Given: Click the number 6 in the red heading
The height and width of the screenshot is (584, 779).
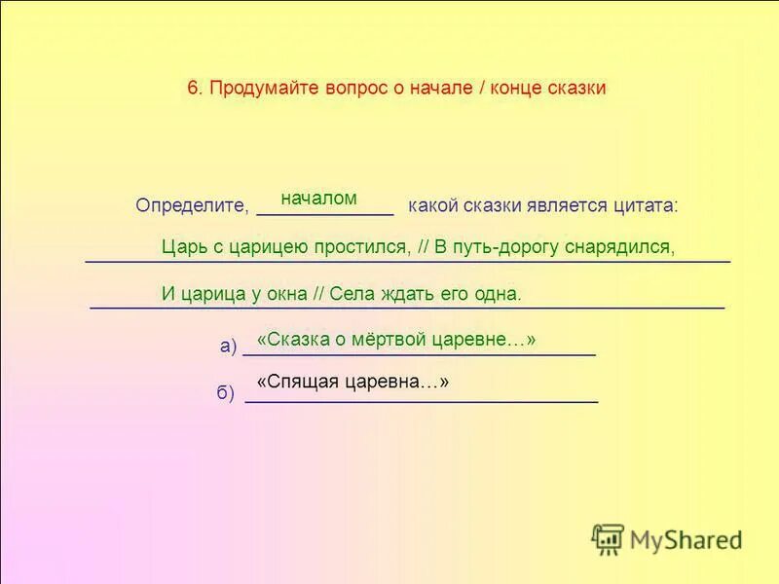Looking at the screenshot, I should (x=193, y=88).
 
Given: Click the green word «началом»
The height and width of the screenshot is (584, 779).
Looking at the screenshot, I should (x=318, y=198).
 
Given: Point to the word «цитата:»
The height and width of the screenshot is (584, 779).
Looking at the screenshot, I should (x=646, y=205).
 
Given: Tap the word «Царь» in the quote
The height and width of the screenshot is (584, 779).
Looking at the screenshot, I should (x=182, y=246).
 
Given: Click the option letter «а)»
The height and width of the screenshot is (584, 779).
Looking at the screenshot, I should (x=229, y=346).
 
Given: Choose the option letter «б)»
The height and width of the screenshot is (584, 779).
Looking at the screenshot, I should (x=225, y=392).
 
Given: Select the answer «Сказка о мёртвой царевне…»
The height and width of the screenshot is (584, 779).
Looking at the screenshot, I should (x=396, y=339).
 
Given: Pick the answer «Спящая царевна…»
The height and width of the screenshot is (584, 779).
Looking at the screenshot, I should (x=352, y=383).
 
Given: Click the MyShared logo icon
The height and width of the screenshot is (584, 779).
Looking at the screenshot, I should (x=608, y=539).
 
